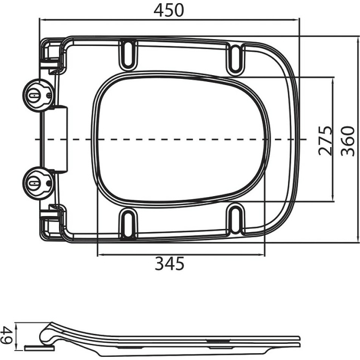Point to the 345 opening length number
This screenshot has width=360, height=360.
click(x=170, y=265)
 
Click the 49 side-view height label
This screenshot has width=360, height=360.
click(x=8, y=334)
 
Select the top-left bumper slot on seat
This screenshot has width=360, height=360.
click(x=127, y=53)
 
